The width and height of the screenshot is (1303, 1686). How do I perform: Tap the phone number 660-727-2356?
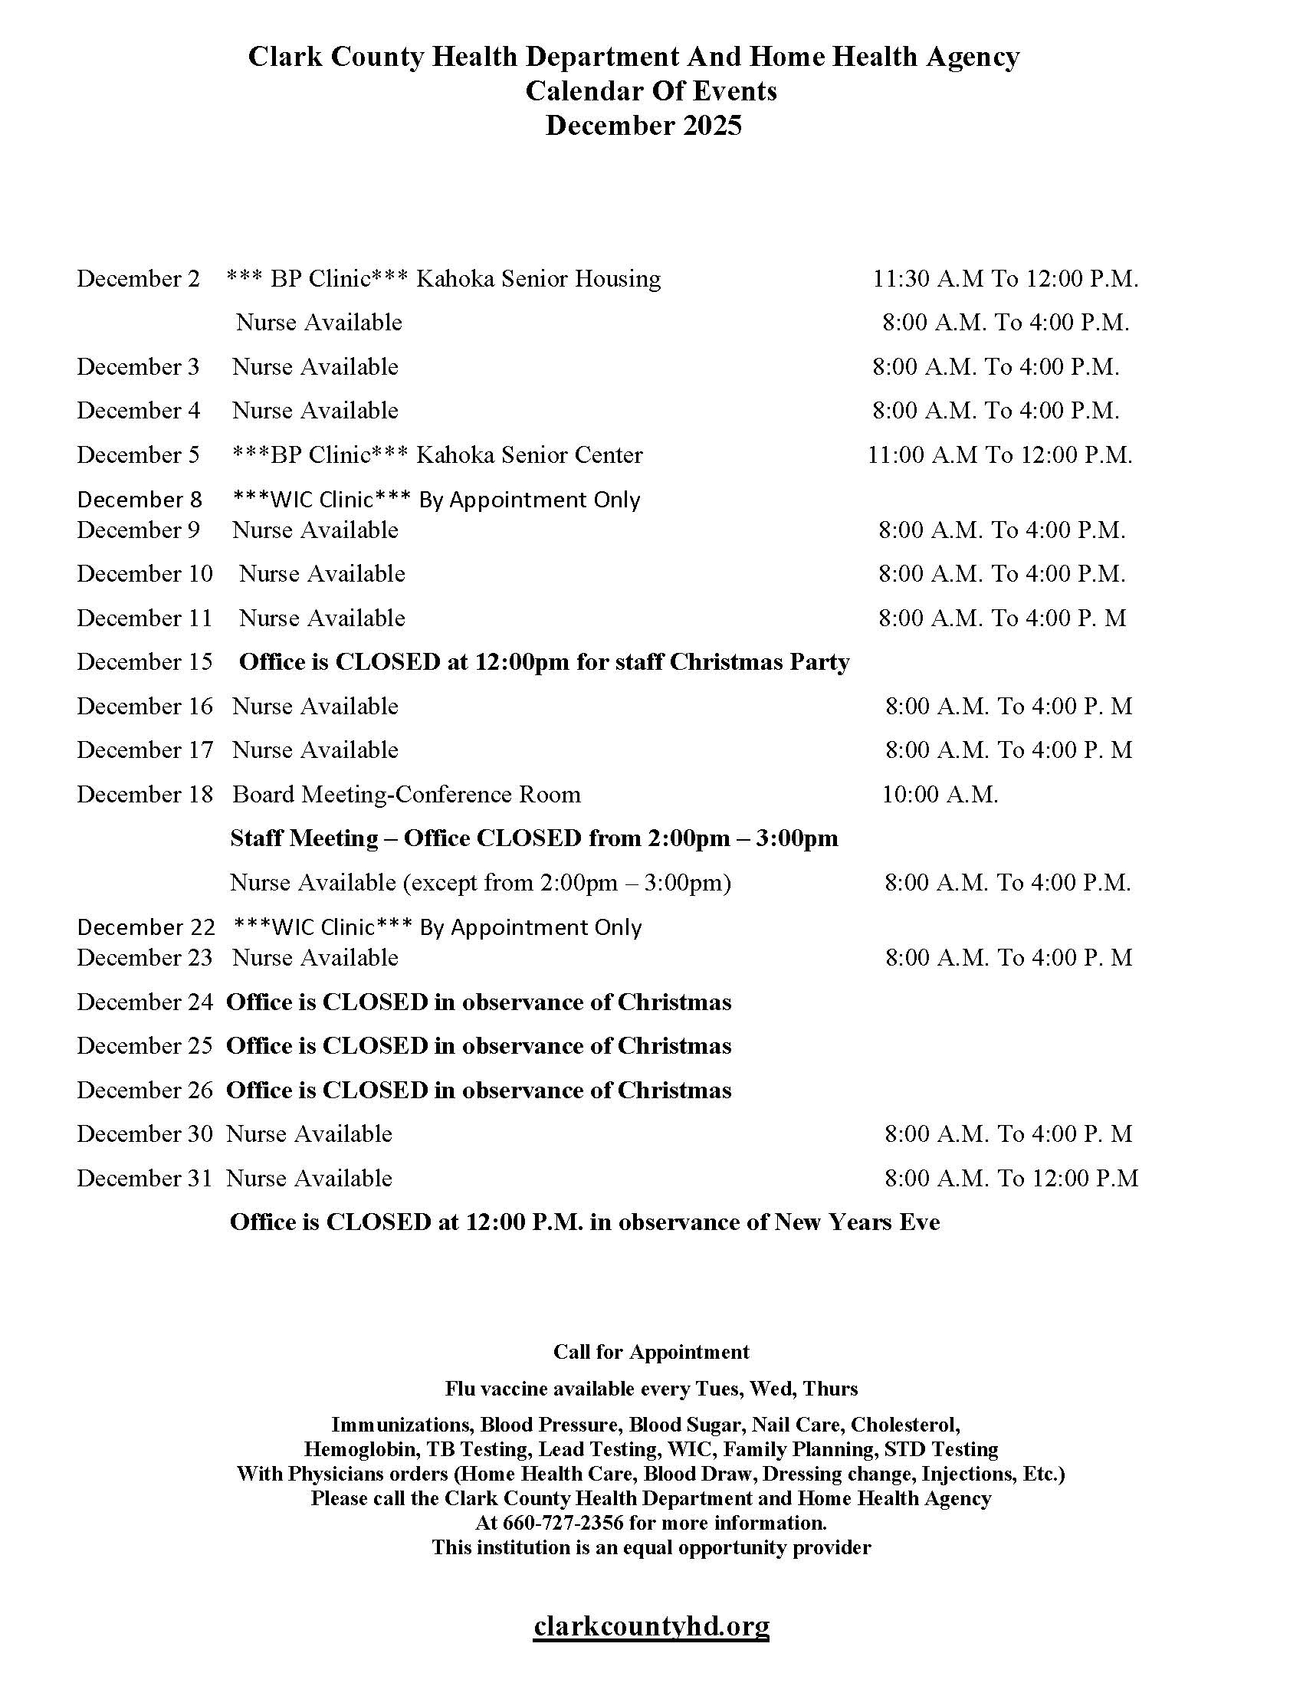562,1522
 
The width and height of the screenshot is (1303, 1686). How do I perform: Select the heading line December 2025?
643,125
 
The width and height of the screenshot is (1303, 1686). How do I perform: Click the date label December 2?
138,278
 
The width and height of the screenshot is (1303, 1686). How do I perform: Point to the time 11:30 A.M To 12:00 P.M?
1005,278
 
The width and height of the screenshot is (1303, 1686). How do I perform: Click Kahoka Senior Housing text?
538,278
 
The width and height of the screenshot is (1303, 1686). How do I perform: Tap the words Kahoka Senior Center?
529,454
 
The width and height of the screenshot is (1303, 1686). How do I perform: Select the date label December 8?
139,500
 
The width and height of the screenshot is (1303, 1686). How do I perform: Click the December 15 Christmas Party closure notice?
544,661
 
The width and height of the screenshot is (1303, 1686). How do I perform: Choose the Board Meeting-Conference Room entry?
406,795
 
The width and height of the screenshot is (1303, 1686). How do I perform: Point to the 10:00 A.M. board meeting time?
940,795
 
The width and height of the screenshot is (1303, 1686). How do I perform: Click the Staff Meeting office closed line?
533,838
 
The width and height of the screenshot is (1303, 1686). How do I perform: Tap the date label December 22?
145,927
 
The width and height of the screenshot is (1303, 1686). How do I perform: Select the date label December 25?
144,1045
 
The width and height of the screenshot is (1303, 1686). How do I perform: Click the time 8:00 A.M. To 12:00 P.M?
1011,1178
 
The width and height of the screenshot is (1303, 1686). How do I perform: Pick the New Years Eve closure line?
584,1222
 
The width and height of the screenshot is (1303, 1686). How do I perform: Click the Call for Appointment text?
651,1352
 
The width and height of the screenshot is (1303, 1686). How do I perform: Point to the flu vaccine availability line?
651,1389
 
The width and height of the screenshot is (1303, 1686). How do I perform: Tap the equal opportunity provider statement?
651,1547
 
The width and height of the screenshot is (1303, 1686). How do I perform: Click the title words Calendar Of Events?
651,91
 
